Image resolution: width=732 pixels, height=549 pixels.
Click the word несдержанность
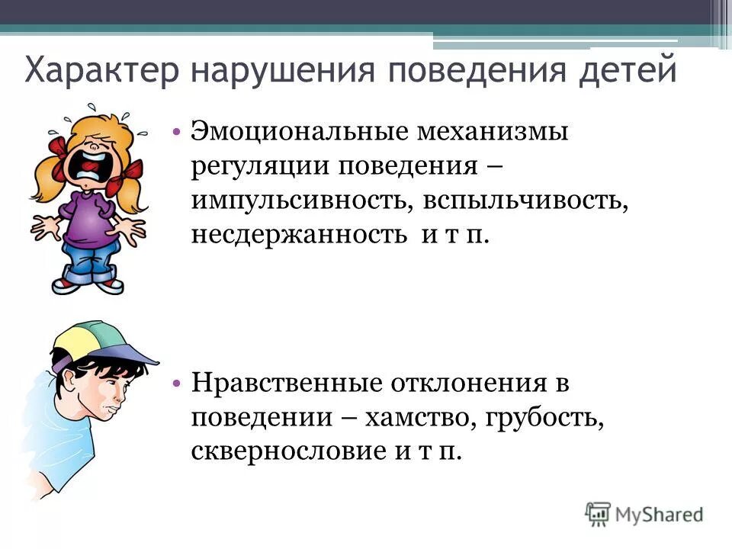tap(298, 234)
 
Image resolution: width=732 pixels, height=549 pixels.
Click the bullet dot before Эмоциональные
tap(175, 131)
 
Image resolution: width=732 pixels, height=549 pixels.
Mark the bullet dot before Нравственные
tap(175, 382)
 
